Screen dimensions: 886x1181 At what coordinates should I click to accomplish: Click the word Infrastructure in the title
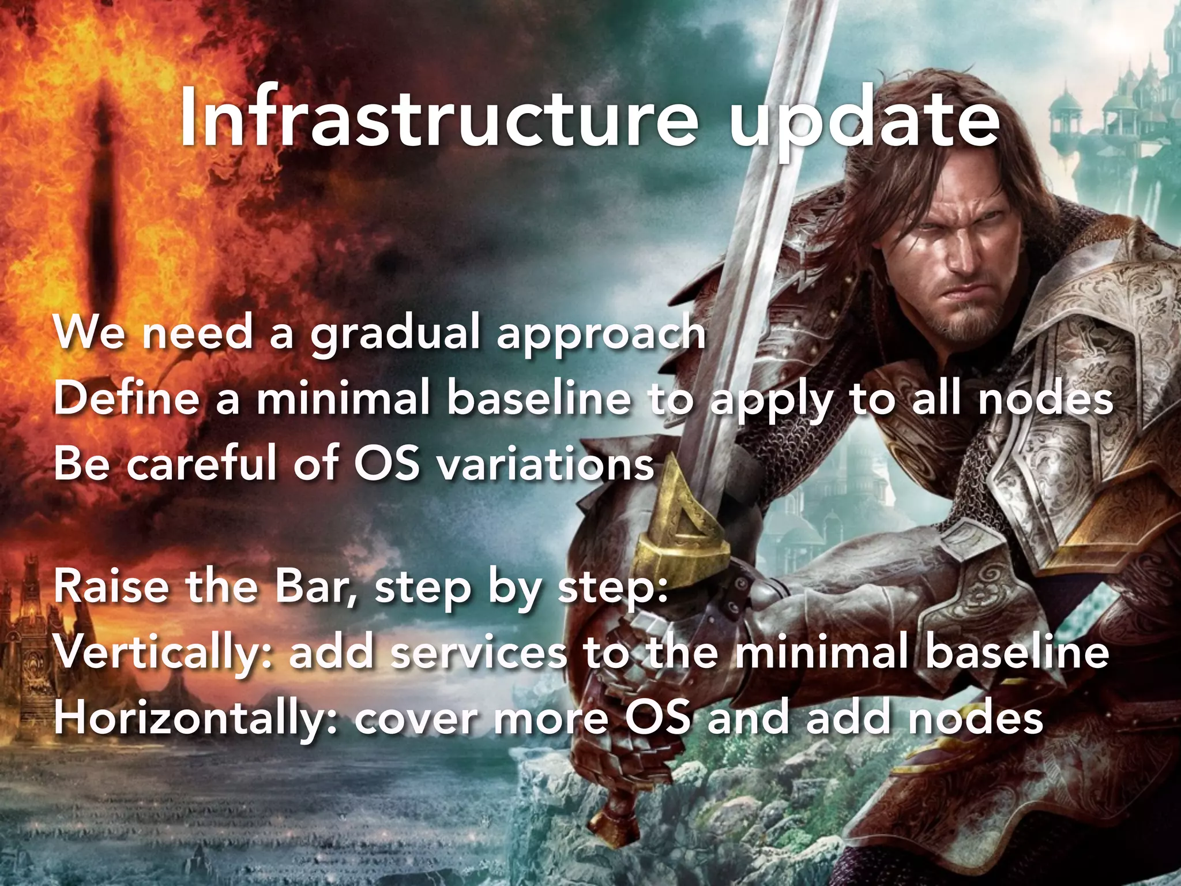click(438, 119)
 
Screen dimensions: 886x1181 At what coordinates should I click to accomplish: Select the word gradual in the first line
click(395, 335)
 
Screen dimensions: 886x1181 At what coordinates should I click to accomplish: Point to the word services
click(479, 654)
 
